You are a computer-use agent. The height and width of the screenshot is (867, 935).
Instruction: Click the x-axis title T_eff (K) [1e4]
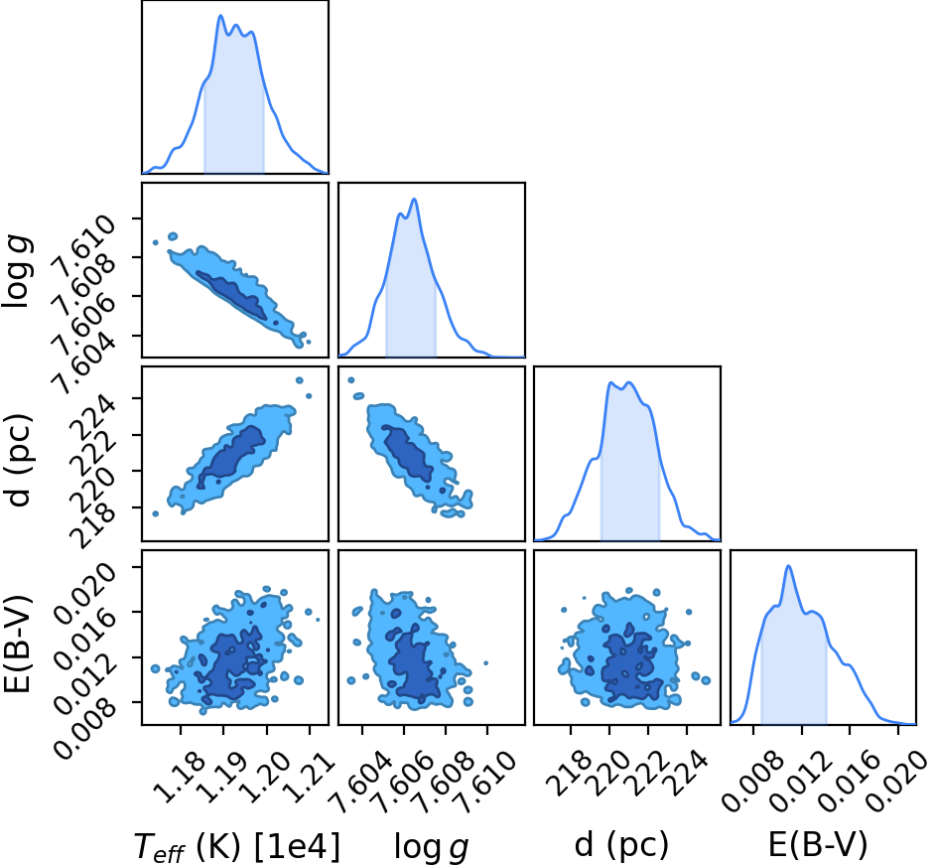237,846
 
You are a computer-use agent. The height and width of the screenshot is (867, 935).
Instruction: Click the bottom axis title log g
431,847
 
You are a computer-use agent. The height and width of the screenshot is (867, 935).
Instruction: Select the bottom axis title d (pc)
621,846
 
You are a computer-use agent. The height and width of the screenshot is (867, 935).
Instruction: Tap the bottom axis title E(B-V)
818,845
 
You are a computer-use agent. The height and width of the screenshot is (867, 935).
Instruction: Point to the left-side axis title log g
17,271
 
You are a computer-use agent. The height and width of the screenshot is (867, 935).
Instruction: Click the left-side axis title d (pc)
19,459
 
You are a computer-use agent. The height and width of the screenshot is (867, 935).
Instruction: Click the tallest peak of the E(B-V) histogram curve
788,566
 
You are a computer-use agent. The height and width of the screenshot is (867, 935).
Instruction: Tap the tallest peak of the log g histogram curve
414,199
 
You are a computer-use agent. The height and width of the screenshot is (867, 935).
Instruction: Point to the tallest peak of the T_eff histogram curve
220,16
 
